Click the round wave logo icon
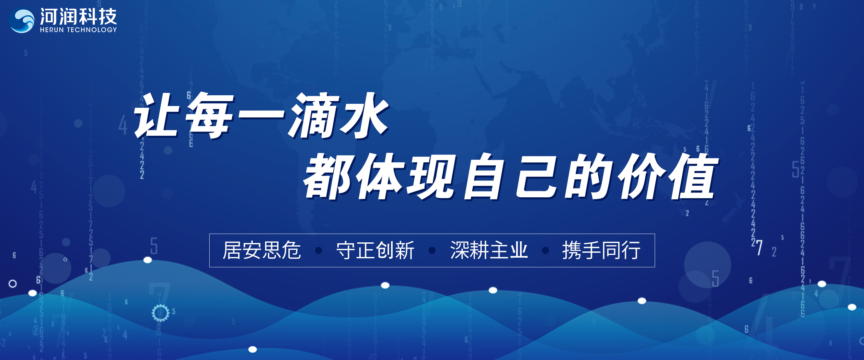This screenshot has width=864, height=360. (22, 20)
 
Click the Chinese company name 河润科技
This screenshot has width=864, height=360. (78, 17)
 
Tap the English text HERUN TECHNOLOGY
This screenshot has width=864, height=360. (78, 29)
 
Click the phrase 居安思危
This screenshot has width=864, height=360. (262, 250)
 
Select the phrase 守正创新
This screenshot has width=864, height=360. (375, 250)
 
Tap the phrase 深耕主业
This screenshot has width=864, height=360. (489, 250)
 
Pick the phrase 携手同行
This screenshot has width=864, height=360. (601, 250)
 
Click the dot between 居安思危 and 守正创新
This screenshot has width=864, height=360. (319, 250)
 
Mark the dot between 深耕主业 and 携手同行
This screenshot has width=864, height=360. (545, 250)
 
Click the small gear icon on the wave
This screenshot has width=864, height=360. (160, 313)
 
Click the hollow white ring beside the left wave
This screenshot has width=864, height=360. (13, 284)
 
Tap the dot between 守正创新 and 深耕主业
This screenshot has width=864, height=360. (432, 250)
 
